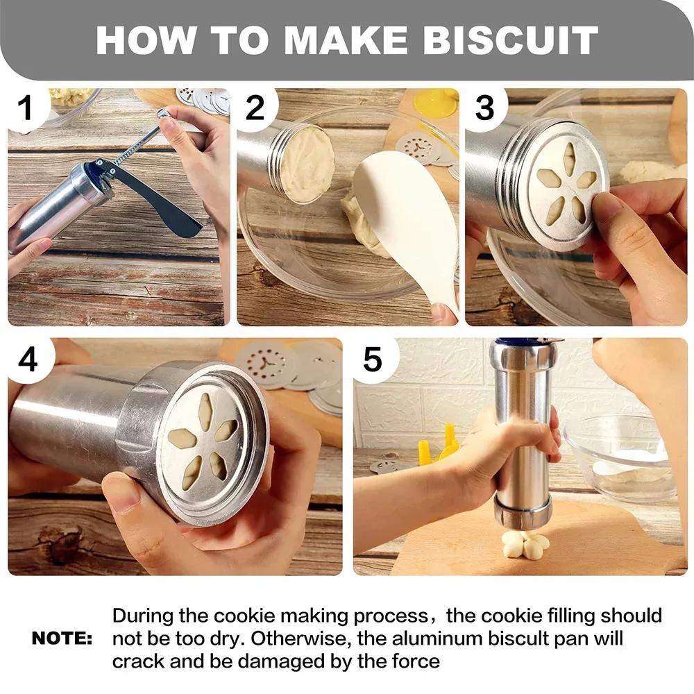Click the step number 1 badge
pyautogui.click(x=25, y=110)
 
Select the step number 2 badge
pyautogui.click(x=255, y=110)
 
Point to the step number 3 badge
pyautogui.click(x=484, y=110)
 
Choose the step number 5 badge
pyautogui.click(x=373, y=359)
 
